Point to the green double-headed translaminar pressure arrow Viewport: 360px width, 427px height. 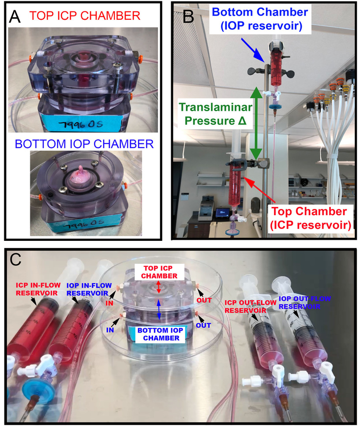pos(255,123)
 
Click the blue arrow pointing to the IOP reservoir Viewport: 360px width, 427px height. pos(253,49)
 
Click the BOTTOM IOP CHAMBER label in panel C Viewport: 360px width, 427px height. pos(158,334)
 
